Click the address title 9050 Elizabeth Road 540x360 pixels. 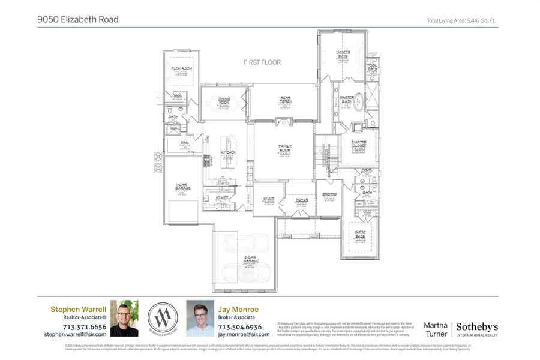point(78,19)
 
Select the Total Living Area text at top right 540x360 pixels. point(462,20)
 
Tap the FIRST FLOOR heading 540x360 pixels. point(262,62)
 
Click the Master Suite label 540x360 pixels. point(343,54)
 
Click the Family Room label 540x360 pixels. point(284,148)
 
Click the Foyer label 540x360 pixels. point(301,200)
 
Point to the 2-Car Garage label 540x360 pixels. point(251,260)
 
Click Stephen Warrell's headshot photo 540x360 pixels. point(124,318)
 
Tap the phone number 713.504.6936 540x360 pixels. point(240,327)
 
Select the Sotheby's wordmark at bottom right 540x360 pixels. point(477,327)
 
